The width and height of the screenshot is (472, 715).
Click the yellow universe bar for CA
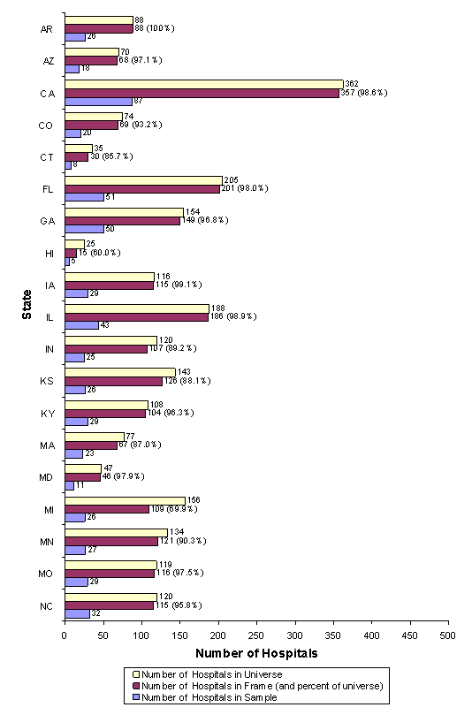tap(203, 84)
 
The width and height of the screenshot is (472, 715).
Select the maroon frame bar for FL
tap(142, 188)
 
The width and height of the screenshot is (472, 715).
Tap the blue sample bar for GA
tap(84, 229)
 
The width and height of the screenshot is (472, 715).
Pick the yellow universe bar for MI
tap(125, 500)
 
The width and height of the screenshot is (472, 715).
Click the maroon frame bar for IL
tap(136, 316)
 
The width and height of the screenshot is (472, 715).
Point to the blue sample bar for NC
tap(77, 613)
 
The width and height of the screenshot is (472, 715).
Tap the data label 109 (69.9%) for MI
tap(175, 509)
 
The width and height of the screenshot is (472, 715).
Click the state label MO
tap(49, 574)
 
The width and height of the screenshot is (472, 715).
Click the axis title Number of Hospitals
tap(256, 655)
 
